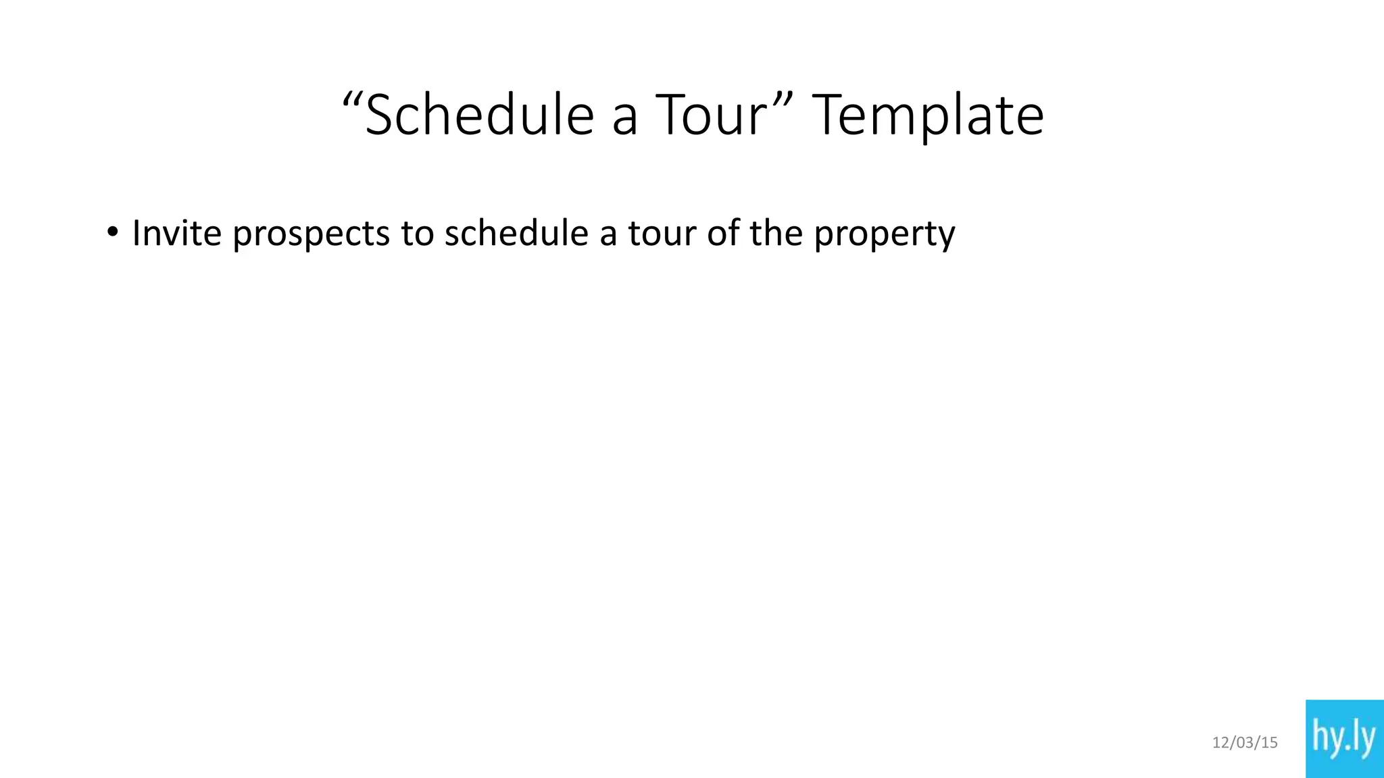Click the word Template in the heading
[x=928, y=116]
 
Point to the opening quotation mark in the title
[x=352, y=101]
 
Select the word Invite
[x=176, y=233]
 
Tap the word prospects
[x=312, y=234]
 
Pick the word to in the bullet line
[x=417, y=233]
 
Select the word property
[x=884, y=234]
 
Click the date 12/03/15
[x=1245, y=743]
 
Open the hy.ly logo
[x=1344, y=739]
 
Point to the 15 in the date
[x=1270, y=743]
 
